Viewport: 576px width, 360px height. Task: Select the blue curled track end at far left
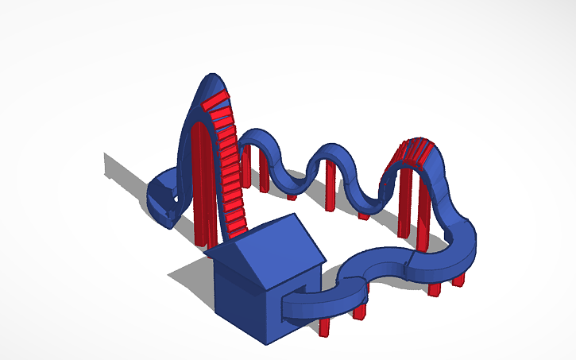pyautogui.click(x=161, y=199)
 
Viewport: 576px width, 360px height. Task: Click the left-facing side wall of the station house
pyautogui.click(x=238, y=298)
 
